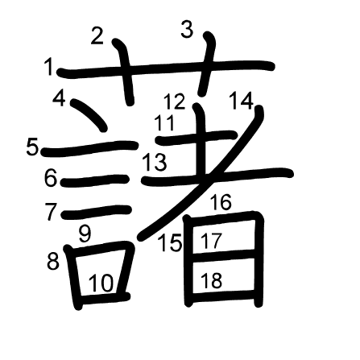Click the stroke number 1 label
tap(49, 67)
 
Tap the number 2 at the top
tap(97, 36)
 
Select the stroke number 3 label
tap(187, 30)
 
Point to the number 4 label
tap(59, 98)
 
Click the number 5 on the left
tap(32, 147)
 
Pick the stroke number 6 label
tap(51, 178)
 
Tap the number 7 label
tap(51, 212)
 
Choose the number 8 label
tap(53, 262)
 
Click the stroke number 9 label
tap(85, 234)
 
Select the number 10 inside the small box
tap(101, 283)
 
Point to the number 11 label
tap(164, 122)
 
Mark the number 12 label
tap(175, 101)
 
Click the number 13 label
tap(155, 163)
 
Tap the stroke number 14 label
tap(242, 101)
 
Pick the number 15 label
tap(170, 243)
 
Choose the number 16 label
tap(221, 202)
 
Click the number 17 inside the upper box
tap(212, 241)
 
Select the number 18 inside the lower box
tap(211, 280)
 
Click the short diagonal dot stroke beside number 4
tap(89, 115)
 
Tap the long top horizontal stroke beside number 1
tap(165, 68)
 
